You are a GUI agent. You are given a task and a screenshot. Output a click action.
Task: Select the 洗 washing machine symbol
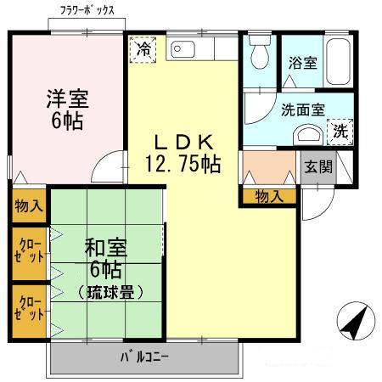(x=340, y=132)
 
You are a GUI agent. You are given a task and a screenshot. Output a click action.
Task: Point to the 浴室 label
(x=301, y=62)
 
